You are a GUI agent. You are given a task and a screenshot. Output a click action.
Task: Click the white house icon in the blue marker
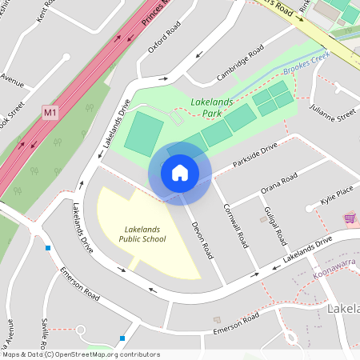point(180,173)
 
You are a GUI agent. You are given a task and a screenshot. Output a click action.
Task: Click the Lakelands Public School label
point(142,234)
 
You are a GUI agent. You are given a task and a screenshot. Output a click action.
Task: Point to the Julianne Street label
point(334,116)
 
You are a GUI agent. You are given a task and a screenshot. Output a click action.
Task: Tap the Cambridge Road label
point(239,63)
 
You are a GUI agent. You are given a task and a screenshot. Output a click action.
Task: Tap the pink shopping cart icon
point(350,218)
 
